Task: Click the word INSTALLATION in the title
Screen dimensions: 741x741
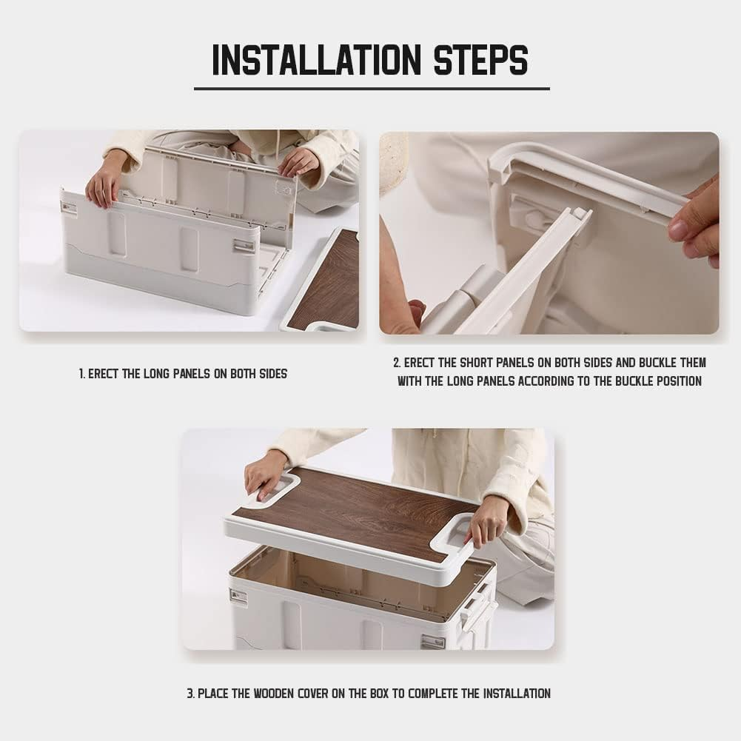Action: pyautogui.click(x=316, y=60)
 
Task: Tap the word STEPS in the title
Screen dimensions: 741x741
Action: pyautogui.click(x=480, y=60)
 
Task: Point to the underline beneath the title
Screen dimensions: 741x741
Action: pyautogui.click(x=372, y=88)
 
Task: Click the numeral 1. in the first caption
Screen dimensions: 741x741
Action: pyautogui.click(x=82, y=374)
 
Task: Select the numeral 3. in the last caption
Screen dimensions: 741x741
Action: pyautogui.click(x=191, y=694)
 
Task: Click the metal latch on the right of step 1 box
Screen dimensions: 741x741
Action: pyautogui.click(x=242, y=246)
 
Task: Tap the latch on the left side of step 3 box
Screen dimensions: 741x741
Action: pyautogui.click(x=239, y=596)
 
